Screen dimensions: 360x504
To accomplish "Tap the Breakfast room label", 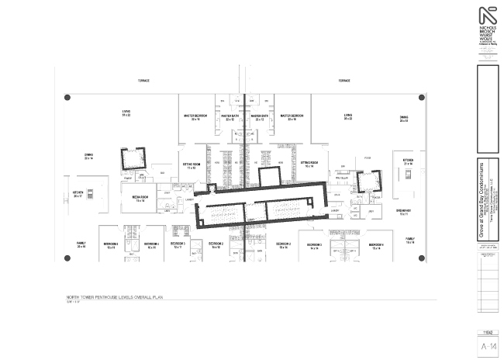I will point(403,211).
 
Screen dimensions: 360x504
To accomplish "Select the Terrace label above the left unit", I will point(143,81).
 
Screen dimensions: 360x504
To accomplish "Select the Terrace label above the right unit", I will point(344,81).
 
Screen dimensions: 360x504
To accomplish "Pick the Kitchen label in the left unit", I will point(78,193).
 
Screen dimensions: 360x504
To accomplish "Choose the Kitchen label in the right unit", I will point(408,161).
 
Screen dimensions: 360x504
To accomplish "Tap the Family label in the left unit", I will point(81,243).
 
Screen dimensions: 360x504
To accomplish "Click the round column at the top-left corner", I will point(67,98).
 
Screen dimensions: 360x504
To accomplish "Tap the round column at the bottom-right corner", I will point(422,254).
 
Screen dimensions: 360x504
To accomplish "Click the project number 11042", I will point(487,333).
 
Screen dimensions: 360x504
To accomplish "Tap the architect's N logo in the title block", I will point(488,18).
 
